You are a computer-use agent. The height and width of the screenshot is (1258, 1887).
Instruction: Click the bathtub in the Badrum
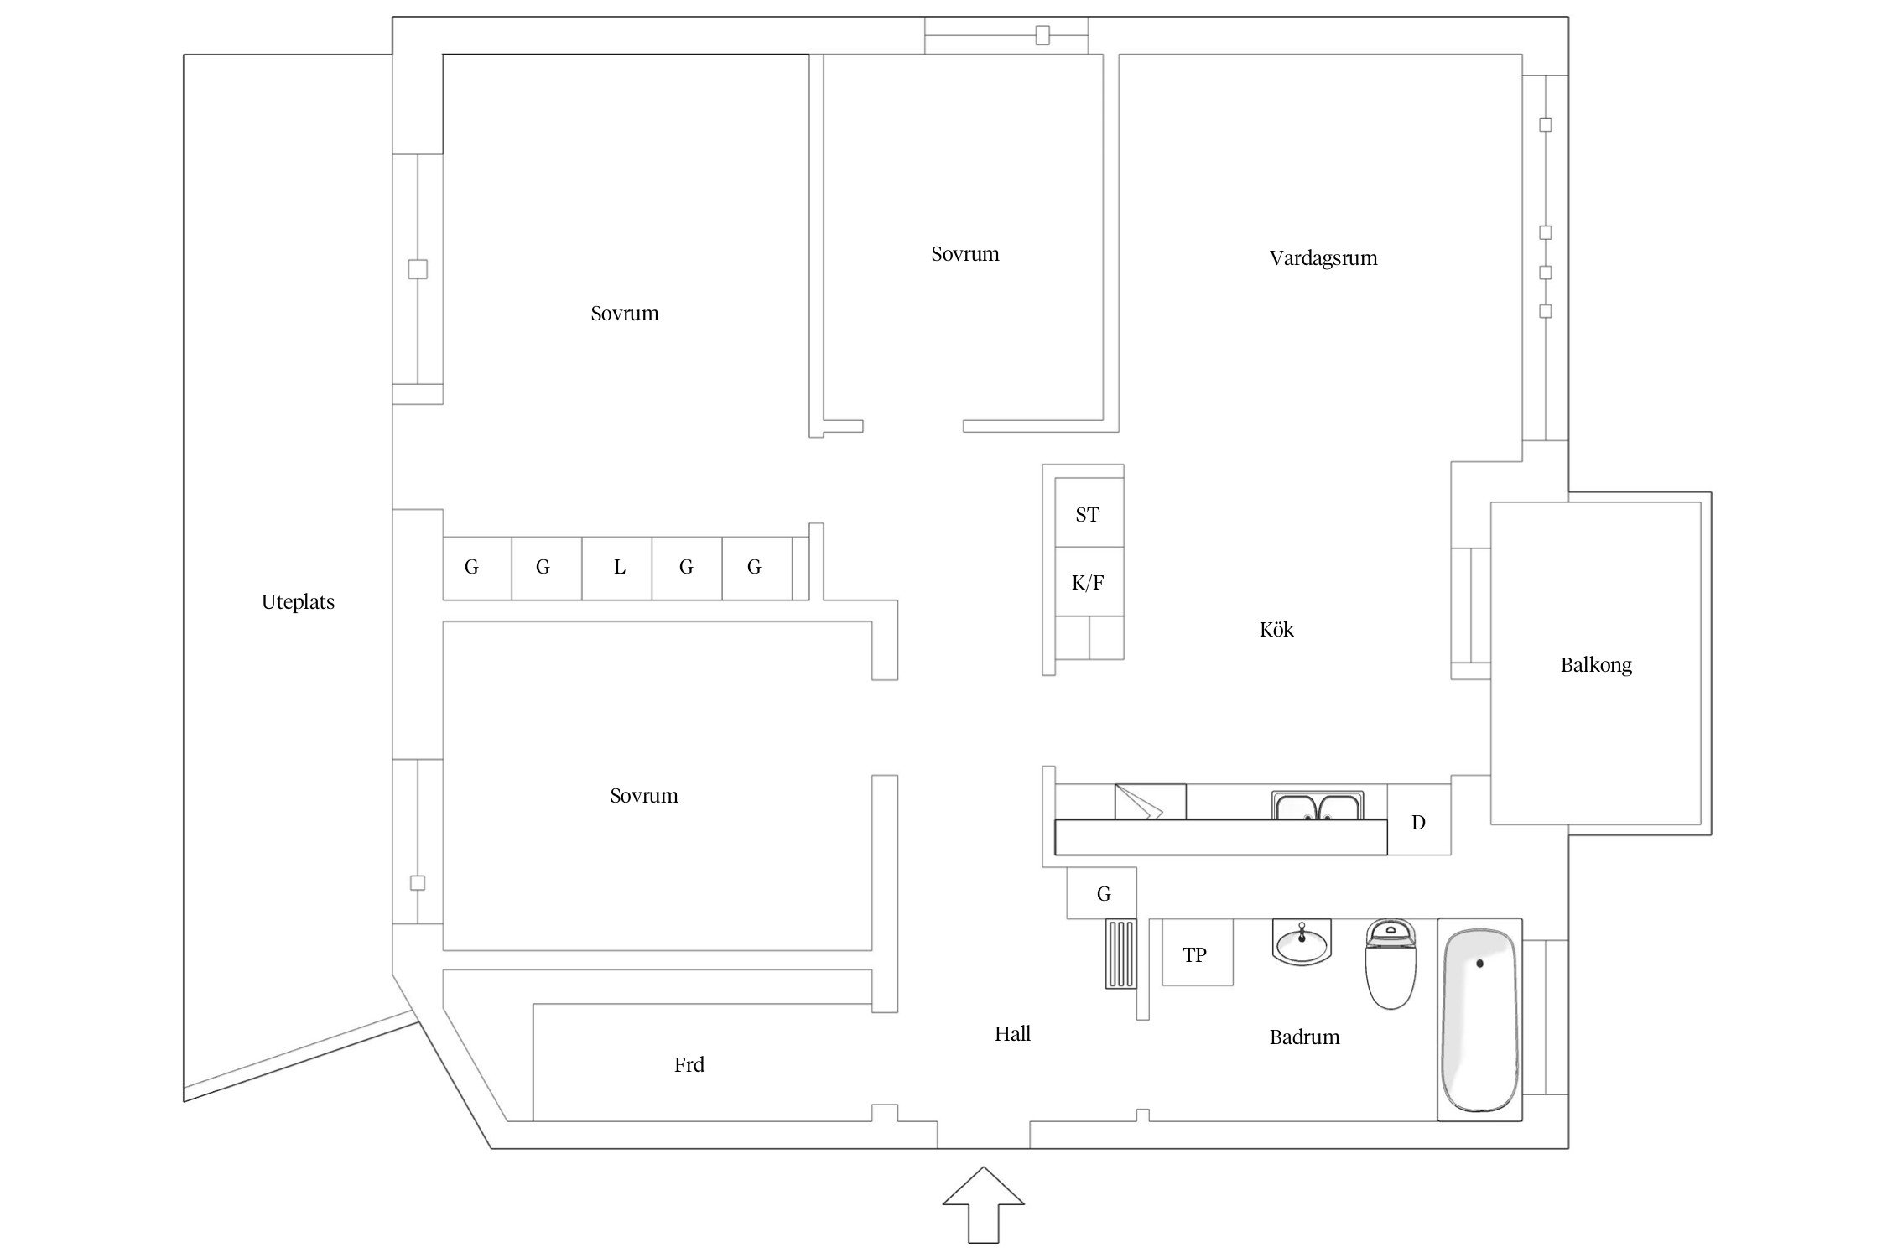[x=1479, y=1020]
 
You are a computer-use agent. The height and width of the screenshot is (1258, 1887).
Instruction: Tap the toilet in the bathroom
[x=1391, y=965]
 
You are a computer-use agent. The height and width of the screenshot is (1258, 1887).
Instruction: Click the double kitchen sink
[x=1318, y=806]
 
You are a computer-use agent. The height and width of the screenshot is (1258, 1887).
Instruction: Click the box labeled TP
[x=1196, y=954]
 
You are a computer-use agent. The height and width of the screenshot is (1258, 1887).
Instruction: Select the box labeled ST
[x=1088, y=514]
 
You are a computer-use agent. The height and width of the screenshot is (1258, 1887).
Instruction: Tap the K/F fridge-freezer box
[x=1088, y=583]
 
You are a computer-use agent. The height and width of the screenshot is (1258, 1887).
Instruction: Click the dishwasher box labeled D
[x=1418, y=822]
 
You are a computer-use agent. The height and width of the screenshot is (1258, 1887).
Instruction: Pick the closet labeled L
[x=618, y=568]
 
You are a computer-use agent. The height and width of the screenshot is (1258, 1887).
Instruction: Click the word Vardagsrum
[x=1323, y=258]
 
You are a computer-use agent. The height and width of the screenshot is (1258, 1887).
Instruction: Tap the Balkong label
[x=1595, y=665]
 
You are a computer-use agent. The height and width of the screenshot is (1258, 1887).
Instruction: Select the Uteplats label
[x=298, y=602]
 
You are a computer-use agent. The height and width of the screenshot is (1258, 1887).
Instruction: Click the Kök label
[x=1276, y=630]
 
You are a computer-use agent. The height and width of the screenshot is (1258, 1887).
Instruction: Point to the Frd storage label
[x=689, y=1065]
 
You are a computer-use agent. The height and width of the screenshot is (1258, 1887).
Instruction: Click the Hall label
[x=1011, y=1034]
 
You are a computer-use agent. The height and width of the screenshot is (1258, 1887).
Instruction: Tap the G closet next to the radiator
[x=1103, y=894]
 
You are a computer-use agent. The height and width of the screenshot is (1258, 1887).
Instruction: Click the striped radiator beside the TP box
[x=1120, y=954]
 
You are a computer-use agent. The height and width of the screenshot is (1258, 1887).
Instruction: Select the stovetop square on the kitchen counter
[x=1150, y=802]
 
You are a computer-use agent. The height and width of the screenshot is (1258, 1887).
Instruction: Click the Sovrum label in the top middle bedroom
[x=964, y=254]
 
